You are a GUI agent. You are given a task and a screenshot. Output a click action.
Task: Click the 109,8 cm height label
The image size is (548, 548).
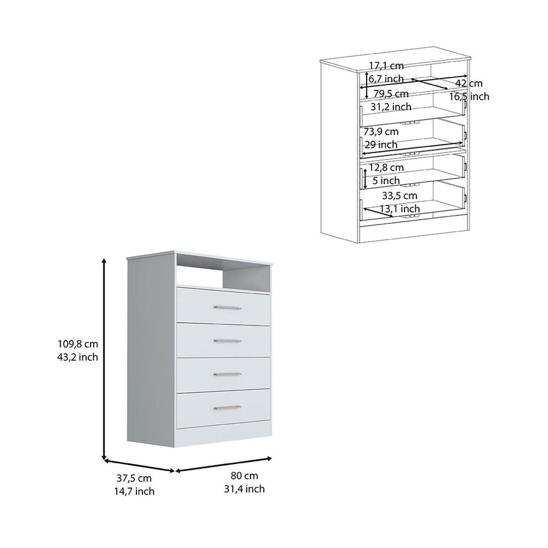(78, 344)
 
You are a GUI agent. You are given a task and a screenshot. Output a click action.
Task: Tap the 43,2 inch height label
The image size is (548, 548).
(78, 357)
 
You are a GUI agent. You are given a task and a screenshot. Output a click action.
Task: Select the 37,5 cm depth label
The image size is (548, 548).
(134, 478)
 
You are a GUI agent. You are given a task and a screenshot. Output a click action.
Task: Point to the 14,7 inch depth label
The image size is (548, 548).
(134, 491)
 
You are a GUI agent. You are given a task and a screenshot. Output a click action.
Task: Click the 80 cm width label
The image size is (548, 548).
(244, 475)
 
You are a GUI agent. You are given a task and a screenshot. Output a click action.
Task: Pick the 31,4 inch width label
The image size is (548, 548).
(244, 489)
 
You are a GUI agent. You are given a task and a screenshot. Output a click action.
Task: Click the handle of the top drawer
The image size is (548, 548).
(227, 308)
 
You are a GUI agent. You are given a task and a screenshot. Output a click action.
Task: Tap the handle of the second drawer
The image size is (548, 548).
(227, 341)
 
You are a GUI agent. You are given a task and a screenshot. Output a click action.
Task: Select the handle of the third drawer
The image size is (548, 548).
(227, 374)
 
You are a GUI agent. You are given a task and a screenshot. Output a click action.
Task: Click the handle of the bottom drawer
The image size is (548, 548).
(227, 408)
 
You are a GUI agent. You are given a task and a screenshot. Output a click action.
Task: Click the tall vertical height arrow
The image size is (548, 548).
(104, 359)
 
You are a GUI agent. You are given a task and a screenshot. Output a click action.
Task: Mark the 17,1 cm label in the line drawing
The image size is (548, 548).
(386, 65)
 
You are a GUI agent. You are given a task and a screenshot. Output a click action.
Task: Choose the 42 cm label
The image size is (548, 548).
(469, 83)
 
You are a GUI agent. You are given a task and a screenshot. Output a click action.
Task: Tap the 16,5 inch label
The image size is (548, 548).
(469, 96)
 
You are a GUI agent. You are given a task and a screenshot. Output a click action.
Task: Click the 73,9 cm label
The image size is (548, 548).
(381, 132)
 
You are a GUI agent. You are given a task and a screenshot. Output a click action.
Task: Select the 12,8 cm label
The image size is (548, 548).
(386, 167)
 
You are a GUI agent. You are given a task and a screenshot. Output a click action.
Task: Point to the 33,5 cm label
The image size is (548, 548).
(399, 196)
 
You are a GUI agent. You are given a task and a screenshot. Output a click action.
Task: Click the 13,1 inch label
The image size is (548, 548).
(400, 209)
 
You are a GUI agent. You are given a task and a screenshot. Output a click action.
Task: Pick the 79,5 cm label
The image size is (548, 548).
(391, 94)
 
